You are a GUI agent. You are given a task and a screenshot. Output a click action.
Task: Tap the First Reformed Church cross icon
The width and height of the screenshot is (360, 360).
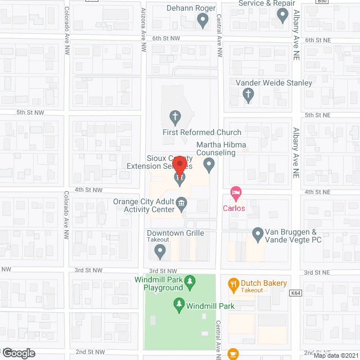click(x=175, y=118)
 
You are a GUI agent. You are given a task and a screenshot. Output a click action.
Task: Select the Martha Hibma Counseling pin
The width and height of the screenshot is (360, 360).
click(x=209, y=165)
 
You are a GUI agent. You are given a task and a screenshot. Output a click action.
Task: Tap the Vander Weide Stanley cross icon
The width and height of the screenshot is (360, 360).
click(x=248, y=96)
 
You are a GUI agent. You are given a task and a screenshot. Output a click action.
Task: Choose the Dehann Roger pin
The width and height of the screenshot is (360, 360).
click(x=203, y=21)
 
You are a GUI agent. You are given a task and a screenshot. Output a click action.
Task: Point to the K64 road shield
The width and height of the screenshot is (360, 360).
click(x=296, y=293)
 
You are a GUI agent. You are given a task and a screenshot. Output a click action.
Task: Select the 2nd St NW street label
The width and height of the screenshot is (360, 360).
click(x=89, y=352)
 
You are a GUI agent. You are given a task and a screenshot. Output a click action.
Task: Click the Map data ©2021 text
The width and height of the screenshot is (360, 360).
click(x=335, y=355)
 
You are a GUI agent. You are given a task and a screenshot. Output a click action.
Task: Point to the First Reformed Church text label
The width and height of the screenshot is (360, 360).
click(x=202, y=133)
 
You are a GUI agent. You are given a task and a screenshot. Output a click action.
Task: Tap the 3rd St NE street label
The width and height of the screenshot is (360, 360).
click(x=316, y=272)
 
